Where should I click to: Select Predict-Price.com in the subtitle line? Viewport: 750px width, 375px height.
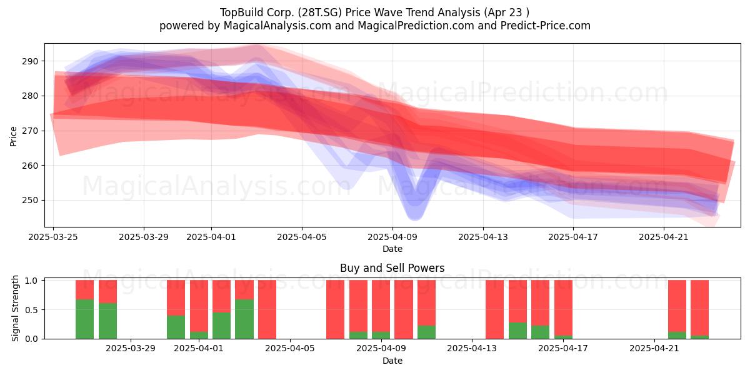tap(546, 26)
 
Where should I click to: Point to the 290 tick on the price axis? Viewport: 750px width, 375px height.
tap(31, 61)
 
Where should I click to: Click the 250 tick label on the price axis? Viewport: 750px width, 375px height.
tap(31, 200)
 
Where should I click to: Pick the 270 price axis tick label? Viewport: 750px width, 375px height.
tap(31, 131)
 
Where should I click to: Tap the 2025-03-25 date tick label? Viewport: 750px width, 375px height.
tap(53, 237)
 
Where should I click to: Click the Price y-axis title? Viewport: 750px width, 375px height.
tap(13, 136)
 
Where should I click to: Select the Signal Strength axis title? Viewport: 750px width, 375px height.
tap(15, 308)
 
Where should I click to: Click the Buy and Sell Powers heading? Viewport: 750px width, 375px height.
tap(392, 268)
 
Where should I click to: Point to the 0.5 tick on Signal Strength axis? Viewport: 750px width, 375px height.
tap(32, 310)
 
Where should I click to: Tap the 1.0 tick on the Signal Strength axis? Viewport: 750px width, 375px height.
tap(32, 281)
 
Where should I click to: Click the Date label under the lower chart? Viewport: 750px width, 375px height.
tap(392, 361)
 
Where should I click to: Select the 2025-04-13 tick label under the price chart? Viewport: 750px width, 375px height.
tap(482, 237)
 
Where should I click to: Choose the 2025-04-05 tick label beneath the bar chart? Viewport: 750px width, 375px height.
tap(290, 348)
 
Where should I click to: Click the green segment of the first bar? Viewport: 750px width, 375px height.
tap(85, 319)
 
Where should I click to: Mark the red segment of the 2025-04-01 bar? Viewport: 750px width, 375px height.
tap(199, 306)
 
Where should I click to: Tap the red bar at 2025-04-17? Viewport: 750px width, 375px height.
tap(564, 307)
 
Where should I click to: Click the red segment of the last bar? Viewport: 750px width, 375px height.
tap(699, 307)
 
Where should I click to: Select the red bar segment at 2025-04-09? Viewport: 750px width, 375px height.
tap(381, 306)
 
